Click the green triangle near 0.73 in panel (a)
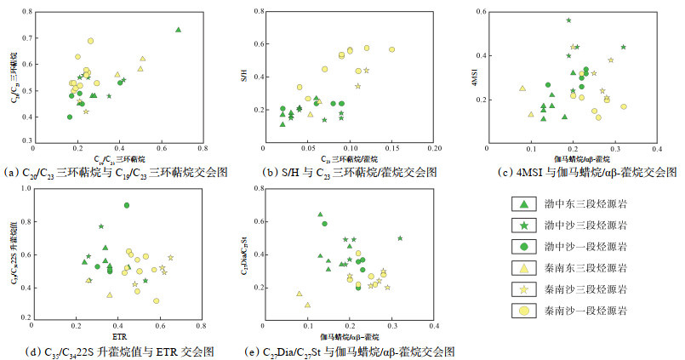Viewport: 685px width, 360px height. [178, 30]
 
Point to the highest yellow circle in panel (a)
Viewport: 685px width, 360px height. [90, 41]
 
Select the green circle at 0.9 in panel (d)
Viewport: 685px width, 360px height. [127, 205]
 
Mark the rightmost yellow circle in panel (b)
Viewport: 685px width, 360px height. [392, 49]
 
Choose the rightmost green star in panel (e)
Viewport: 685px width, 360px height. [400, 238]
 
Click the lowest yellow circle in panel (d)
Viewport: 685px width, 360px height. [157, 300]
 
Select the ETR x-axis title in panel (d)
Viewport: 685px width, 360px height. [118, 335]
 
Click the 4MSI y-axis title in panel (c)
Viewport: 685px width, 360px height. [469, 81]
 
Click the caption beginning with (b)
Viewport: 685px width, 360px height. [348, 172]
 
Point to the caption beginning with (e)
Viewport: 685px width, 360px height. [350, 351]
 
